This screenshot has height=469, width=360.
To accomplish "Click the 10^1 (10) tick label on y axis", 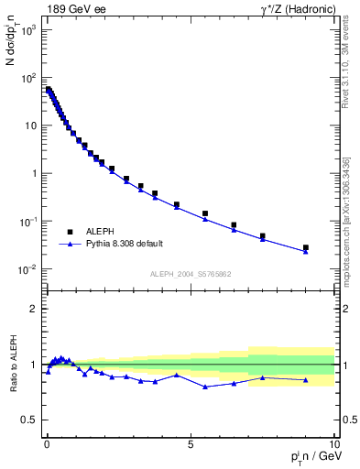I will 28,125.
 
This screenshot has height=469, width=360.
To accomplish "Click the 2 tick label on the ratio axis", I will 33,309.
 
